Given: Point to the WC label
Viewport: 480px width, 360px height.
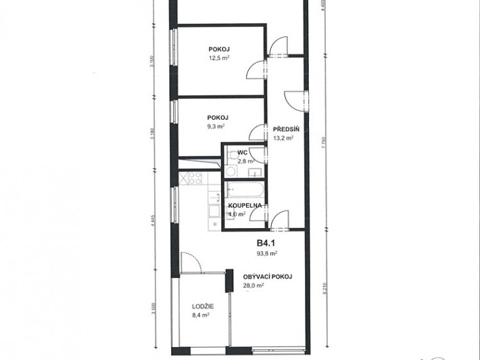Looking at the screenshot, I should pos(242,153).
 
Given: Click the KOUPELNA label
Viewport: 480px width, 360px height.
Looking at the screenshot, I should pos(245,205).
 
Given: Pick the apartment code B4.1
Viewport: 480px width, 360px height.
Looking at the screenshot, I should pos(267,244).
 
